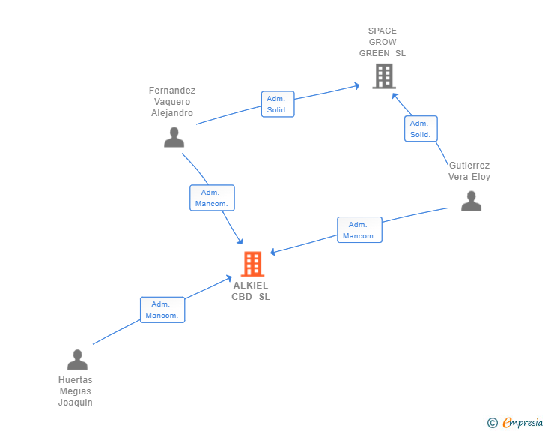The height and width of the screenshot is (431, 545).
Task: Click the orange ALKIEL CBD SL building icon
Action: coord(253,264)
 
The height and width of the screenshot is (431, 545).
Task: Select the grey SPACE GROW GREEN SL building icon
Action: coord(384,76)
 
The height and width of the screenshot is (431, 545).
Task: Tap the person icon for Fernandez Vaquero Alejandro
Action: coord(174,137)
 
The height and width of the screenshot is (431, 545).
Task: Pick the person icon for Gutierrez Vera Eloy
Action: coord(471,201)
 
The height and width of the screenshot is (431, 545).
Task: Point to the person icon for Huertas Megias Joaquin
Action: coord(77,359)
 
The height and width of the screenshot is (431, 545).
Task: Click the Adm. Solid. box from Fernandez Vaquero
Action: coord(278,104)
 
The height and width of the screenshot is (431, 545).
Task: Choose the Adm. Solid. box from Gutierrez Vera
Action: coord(421,129)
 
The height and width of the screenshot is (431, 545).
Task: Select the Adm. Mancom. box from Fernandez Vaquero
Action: coord(212,198)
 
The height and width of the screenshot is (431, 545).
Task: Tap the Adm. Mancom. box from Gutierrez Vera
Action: coord(359,230)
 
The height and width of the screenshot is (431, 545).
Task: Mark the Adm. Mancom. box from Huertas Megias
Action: coord(162,310)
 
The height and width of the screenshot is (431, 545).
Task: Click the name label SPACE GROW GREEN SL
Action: coord(383,42)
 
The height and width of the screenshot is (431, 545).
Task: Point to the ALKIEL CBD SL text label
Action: coord(251,291)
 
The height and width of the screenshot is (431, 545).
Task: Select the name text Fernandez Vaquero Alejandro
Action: coord(172,102)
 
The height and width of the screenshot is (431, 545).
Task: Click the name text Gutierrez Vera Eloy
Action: coord(469,171)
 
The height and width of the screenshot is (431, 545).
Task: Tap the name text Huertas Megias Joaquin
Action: coord(76,391)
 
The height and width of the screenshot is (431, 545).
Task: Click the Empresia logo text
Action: coord(523,422)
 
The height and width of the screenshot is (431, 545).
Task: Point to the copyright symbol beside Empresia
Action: coord(493,423)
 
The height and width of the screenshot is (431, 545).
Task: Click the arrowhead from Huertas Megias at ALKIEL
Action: coord(229,278)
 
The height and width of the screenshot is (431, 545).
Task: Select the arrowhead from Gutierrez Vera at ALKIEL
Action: coord(272,252)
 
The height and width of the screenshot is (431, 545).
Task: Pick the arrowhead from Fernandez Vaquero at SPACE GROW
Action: coord(357,85)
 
